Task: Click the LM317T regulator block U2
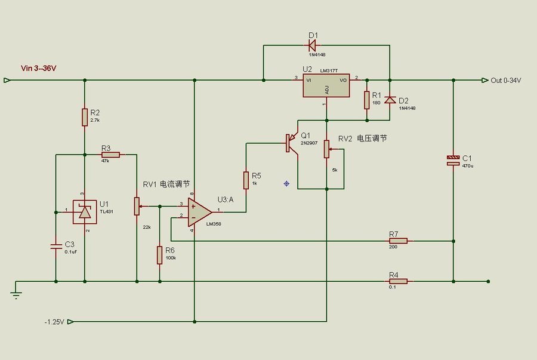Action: pos(326,86)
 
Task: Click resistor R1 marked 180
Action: pos(366,100)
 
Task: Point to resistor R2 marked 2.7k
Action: pos(84,117)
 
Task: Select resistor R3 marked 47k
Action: pos(110,155)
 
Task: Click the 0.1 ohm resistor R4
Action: pos(398,281)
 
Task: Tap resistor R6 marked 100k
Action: pos(159,255)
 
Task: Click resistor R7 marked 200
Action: pos(398,241)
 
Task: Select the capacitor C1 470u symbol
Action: pos(453,159)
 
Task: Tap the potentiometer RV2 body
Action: pos(326,149)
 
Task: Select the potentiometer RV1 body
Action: pos(137,207)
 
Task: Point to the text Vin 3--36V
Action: pos(39,68)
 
